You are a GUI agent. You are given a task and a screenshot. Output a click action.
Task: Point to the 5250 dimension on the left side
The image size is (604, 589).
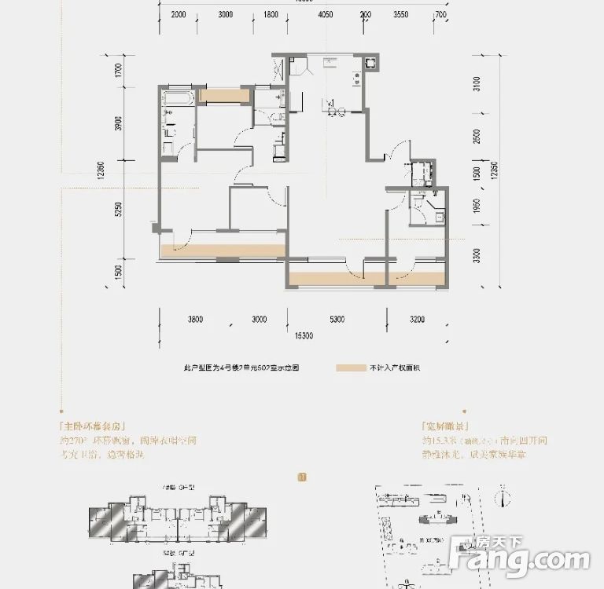pyautogui.click(x=118, y=210)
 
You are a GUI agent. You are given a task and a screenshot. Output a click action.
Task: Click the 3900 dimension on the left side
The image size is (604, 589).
pyautogui.click(x=118, y=124)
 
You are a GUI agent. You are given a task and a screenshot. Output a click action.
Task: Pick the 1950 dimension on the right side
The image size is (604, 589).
pyautogui.click(x=476, y=207)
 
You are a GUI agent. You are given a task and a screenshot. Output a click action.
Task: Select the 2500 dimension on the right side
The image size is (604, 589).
pyautogui.click(x=476, y=137)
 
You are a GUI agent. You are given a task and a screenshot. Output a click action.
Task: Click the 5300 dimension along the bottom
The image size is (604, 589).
pyautogui.click(x=337, y=319)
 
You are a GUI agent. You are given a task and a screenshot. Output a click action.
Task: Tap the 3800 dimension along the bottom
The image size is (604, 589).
pyautogui.click(x=196, y=319)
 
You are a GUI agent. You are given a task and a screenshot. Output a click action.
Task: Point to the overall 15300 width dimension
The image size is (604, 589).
pyautogui.click(x=304, y=335)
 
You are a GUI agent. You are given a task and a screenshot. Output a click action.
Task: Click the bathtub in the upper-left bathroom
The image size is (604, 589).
pyautogui.click(x=178, y=99)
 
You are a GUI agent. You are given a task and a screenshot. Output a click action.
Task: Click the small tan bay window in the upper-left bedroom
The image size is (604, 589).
pyautogui.click(x=224, y=96)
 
